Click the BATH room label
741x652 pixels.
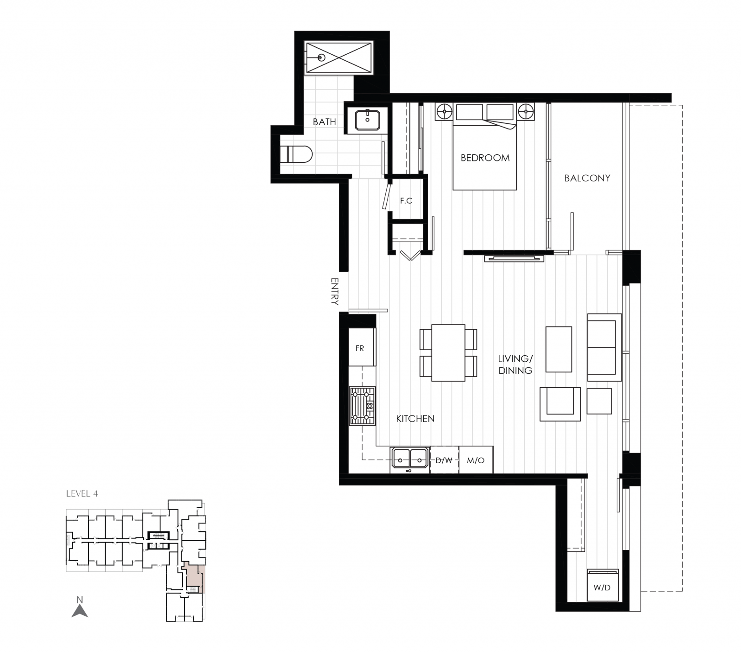click(324, 122)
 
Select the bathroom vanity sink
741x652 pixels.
click(368, 120)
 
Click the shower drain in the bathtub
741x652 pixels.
click(321, 58)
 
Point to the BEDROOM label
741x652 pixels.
click(485, 158)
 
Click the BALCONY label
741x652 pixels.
click(587, 178)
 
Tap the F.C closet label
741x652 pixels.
click(406, 201)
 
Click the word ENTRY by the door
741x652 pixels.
click(335, 291)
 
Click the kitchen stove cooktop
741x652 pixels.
click(362, 406)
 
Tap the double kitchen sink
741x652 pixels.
click(410, 460)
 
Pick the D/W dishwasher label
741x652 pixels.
click(444, 460)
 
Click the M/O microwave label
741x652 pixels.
click(476, 460)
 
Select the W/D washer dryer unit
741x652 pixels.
click(603, 585)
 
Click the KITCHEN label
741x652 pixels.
click(415, 419)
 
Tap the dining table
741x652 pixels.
click(448, 353)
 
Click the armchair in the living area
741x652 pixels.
click(560, 404)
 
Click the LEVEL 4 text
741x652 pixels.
click(82, 493)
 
